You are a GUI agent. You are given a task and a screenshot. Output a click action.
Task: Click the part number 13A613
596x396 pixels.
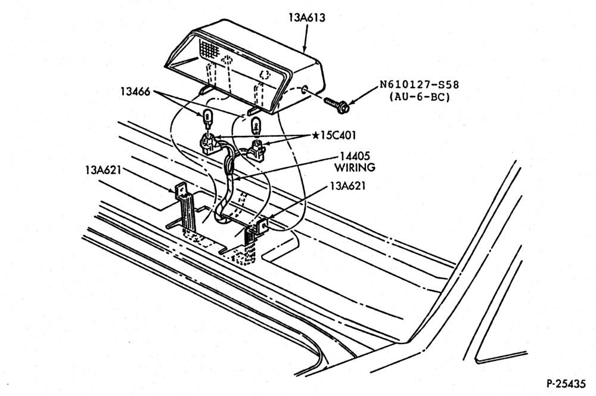point(307,17)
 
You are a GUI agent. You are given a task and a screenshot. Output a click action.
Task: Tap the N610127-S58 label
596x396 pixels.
point(419,85)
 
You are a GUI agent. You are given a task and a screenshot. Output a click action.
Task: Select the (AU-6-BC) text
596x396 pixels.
point(419,97)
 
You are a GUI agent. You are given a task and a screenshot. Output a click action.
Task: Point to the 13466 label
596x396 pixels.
point(135,91)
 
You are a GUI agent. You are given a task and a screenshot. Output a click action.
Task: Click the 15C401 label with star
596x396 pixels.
point(334,135)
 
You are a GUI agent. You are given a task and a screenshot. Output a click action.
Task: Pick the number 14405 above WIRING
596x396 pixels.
point(355,156)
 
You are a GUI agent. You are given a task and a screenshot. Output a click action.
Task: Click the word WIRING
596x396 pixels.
point(355,168)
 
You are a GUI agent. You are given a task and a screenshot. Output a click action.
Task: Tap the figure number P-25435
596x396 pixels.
point(566,383)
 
